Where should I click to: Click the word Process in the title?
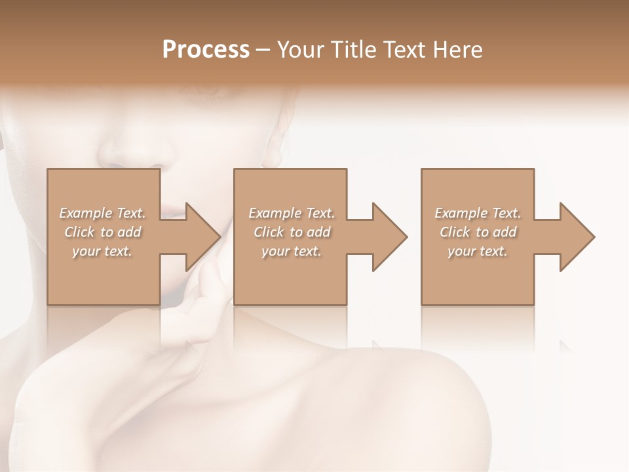click(206, 50)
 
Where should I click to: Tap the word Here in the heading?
click(458, 50)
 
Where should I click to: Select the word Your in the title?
click(301, 50)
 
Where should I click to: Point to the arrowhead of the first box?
click(203, 237)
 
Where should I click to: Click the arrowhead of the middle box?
click(390, 237)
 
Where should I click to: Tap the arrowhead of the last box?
click(577, 237)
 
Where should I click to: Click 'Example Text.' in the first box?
click(102, 213)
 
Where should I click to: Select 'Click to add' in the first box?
click(102, 232)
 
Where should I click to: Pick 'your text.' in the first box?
click(102, 251)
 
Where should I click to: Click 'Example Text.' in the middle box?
click(292, 213)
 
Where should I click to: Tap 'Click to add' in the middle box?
click(292, 232)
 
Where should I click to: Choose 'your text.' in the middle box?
click(292, 251)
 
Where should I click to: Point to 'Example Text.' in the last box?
click(478, 213)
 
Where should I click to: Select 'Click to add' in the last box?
click(478, 232)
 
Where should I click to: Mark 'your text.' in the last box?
click(478, 251)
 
